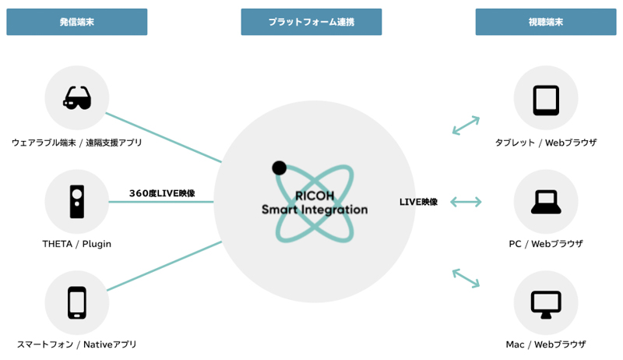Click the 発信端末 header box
pos(76,22)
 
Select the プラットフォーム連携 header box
pos(311,22)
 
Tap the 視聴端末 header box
pos(545,22)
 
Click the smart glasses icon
pos(77,98)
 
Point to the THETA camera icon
pos(77,202)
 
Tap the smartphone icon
pos(77,303)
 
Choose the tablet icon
pos(546,99)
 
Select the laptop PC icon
pos(546,202)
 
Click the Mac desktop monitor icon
pos(546,303)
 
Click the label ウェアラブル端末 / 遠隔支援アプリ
pos(77,143)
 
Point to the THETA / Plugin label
pos(77,244)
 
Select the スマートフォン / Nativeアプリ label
pos(77,344)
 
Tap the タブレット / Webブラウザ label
pos(546,143)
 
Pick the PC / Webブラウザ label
pos(546,244)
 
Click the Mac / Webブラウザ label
pos(546,344)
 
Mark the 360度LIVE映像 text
pos(162,193)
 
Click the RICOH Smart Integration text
pos(315,203)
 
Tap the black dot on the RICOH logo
pos(279,167)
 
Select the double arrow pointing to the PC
pos(466,202)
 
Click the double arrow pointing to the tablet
pos(466,125)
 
